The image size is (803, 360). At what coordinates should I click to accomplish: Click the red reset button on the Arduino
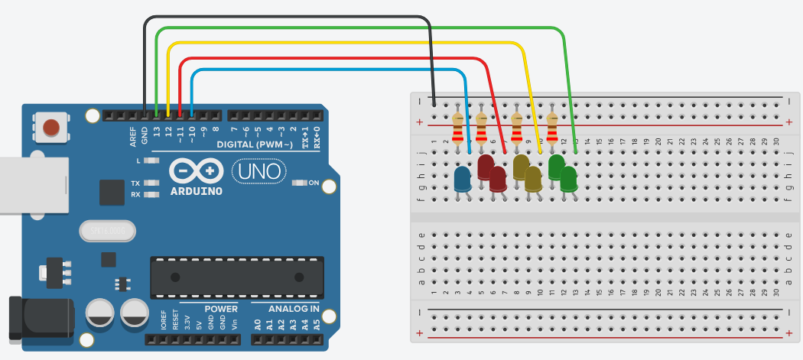coord(51,127)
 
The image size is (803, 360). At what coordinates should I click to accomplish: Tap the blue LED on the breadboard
coord(463,180)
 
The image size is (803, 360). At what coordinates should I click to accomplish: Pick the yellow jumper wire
coord(344,43)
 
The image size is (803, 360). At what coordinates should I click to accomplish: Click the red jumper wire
coord(329,58)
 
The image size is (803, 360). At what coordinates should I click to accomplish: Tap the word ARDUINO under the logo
coord(197,190)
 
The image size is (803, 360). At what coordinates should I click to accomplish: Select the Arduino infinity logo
coord(197,170)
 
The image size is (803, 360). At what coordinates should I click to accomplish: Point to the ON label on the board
coord(313,183)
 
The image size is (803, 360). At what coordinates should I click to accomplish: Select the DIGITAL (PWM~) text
coord(255,144)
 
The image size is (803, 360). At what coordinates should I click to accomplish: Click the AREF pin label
coord(132,136)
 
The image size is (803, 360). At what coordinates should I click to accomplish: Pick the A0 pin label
coord(258,324)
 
